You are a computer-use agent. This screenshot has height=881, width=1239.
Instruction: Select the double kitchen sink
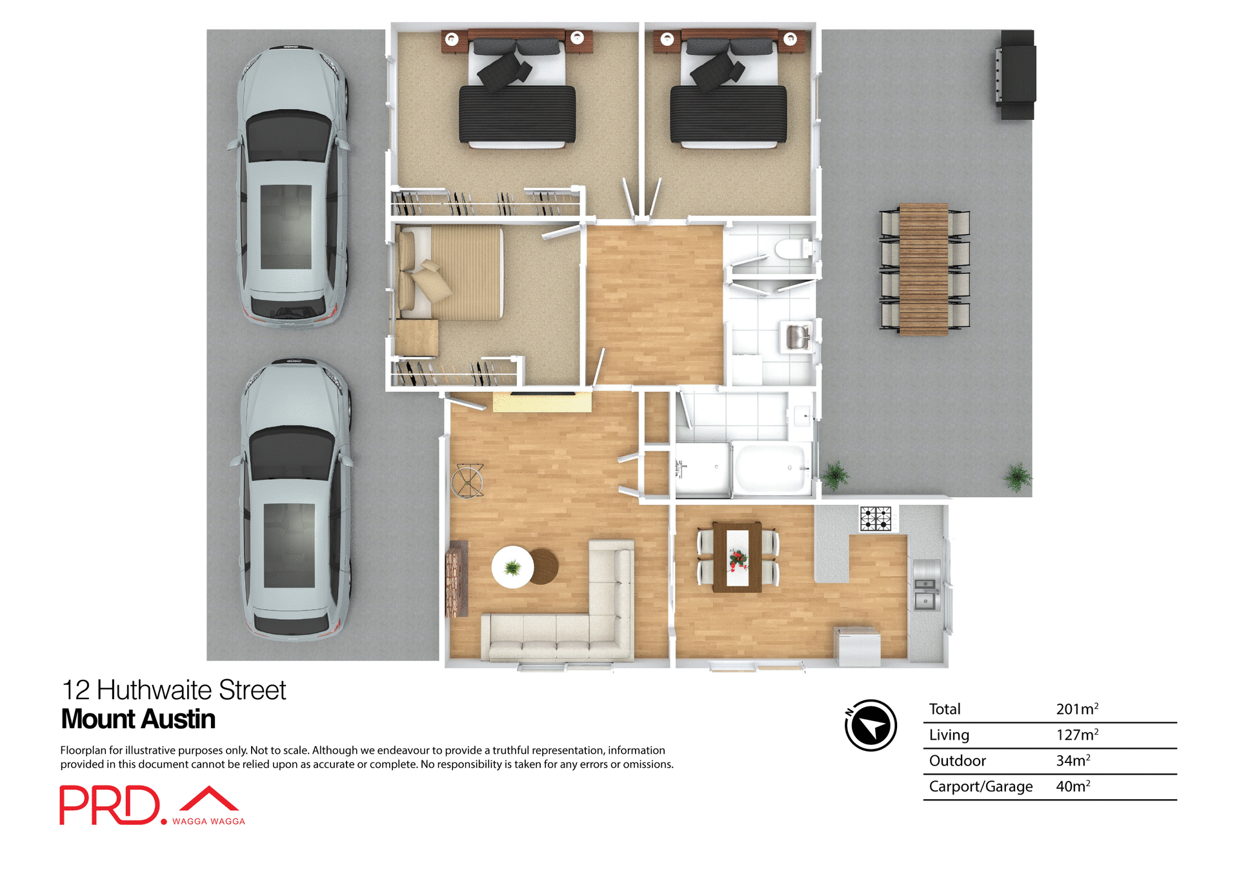(926, 593)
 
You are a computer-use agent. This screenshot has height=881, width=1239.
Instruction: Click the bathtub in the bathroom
(772, 468)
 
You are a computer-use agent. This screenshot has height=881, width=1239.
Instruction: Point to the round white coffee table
(512, 568)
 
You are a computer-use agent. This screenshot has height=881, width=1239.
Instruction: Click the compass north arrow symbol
(871, 726)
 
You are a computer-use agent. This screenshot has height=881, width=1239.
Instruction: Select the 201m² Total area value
(1076, 709)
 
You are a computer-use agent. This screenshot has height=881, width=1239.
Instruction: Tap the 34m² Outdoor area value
(1073, 760)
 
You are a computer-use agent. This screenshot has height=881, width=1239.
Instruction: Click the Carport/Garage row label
(980, 786)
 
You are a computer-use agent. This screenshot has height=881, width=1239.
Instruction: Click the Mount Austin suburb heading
(138, 719)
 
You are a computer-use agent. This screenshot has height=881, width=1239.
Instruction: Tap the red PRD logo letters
(110, 805)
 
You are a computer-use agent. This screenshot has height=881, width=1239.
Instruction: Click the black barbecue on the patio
(1016, 74)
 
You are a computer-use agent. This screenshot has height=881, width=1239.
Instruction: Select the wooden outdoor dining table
(923, 269)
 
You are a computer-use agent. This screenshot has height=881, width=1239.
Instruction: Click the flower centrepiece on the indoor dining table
(738, 559)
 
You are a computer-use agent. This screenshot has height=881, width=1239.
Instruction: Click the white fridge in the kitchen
(857, 646)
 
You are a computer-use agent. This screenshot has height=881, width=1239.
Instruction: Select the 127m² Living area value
(1076, 735)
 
